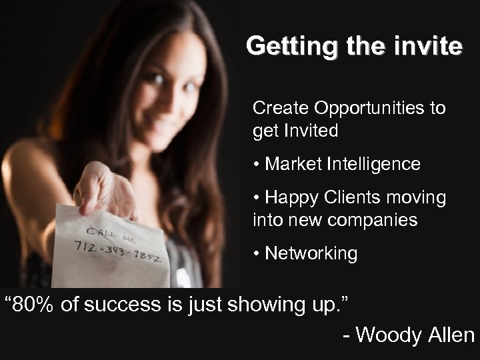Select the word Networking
[x=311, y=253]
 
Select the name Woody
[x=389, y=335]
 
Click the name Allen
[x=449, y=335]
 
